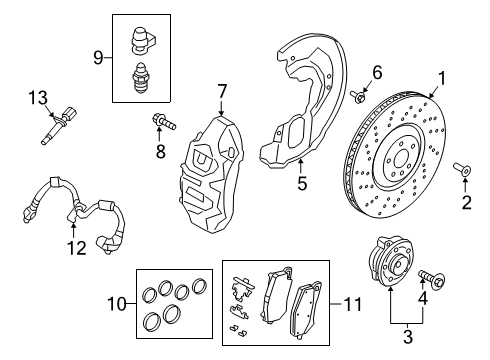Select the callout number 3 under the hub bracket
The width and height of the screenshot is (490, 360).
click(406, 336)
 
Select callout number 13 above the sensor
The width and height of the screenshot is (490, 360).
click(39, 96)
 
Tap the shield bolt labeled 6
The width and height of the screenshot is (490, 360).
click(357, 96)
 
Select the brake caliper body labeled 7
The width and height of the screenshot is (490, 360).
click(220, 165)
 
